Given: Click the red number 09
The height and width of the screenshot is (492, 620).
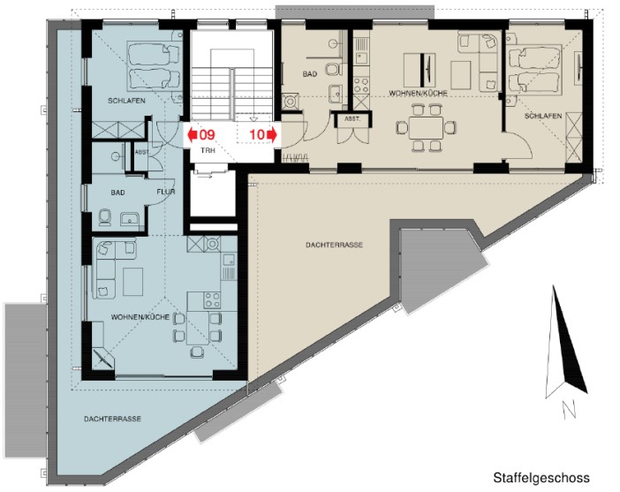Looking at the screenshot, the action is click(x=207, y=135).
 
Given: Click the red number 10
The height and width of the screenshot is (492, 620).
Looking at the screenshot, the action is click(x=257, y=135).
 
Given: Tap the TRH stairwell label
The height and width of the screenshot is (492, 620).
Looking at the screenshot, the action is click(x=208, y=151).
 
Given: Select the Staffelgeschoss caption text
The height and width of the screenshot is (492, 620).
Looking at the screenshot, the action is click(x=541, y=478).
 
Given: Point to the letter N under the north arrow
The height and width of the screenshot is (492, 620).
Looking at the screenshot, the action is click(x=569, y=409).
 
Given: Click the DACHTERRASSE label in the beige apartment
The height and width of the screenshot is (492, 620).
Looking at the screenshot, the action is click(x=334, y=245).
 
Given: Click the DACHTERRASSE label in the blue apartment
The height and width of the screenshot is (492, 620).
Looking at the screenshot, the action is click(x=112, y=419).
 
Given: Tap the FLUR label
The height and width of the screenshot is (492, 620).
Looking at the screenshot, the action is click(x=166, y=192).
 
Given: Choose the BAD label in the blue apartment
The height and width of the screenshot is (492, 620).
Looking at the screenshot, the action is click(x=117, y=193).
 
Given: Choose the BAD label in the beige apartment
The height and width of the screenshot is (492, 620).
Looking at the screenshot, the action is click(x=310, y=74).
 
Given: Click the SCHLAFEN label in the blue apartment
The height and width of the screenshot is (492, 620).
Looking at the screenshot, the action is click(x=126, y=101).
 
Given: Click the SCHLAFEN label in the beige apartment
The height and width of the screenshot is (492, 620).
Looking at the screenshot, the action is click(x=543, y=116).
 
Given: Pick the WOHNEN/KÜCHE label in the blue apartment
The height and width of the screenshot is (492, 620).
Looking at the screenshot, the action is click(x=140, y=317).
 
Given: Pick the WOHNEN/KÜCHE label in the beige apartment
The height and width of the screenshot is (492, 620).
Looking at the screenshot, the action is click(x=419, y=94).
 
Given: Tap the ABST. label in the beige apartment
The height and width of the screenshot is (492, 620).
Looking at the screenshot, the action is click(x=352, y=118).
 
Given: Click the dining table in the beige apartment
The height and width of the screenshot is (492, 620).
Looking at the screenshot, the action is click(x=426, y=128).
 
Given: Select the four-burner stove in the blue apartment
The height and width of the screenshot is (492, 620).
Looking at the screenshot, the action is click(x=212, y=300).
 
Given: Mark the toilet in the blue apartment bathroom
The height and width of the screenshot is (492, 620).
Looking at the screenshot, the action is click(x=105, y=217).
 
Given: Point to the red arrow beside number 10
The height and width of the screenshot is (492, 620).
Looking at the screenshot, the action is click(x=272, y=135).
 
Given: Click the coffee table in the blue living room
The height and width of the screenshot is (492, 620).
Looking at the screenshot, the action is click(x=132, y=282).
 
